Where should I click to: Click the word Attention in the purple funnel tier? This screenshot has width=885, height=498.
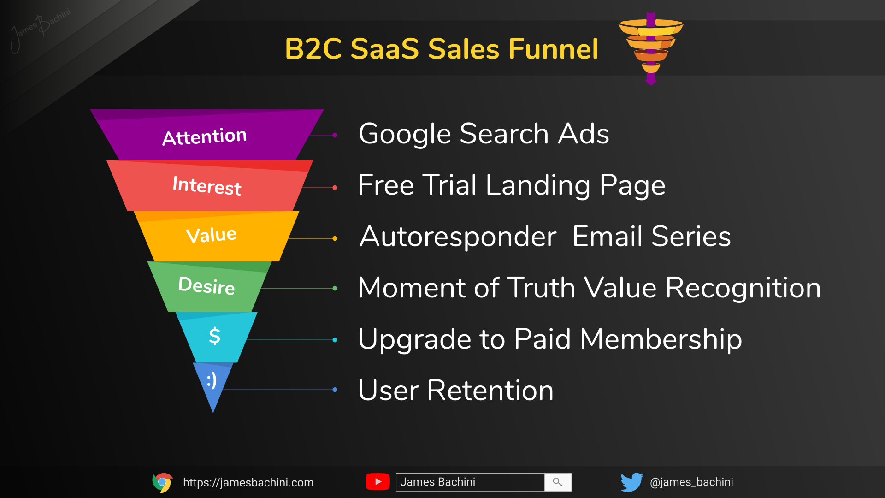tap(205, 136)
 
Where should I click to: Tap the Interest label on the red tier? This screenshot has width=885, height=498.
tap(207, 185)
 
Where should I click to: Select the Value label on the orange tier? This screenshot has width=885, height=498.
tap(211, 235)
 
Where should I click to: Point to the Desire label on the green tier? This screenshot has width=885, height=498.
tap(206, 285)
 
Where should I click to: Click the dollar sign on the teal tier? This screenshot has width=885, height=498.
tap(214, 336)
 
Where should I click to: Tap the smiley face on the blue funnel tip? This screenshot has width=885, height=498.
tap(212, 381)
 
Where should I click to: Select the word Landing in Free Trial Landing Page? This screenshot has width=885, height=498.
tap(537, 185)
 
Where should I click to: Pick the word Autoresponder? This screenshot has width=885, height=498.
tap(458, 237)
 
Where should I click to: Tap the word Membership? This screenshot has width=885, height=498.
tap(661, 339)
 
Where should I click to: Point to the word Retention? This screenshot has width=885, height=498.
tap(490, 391)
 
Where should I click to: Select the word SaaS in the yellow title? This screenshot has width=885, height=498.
tap(384, 49)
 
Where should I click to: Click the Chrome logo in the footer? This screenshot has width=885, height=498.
tap(162, 482)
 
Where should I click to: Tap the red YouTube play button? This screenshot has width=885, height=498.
tap(378, 482)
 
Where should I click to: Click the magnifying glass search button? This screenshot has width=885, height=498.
tap(558, 482)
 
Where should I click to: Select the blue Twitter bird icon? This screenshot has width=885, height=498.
tap(631, 482)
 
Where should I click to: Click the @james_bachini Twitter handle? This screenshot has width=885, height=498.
tap(691, 482)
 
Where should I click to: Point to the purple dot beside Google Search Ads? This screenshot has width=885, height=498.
tap(335, 135)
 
